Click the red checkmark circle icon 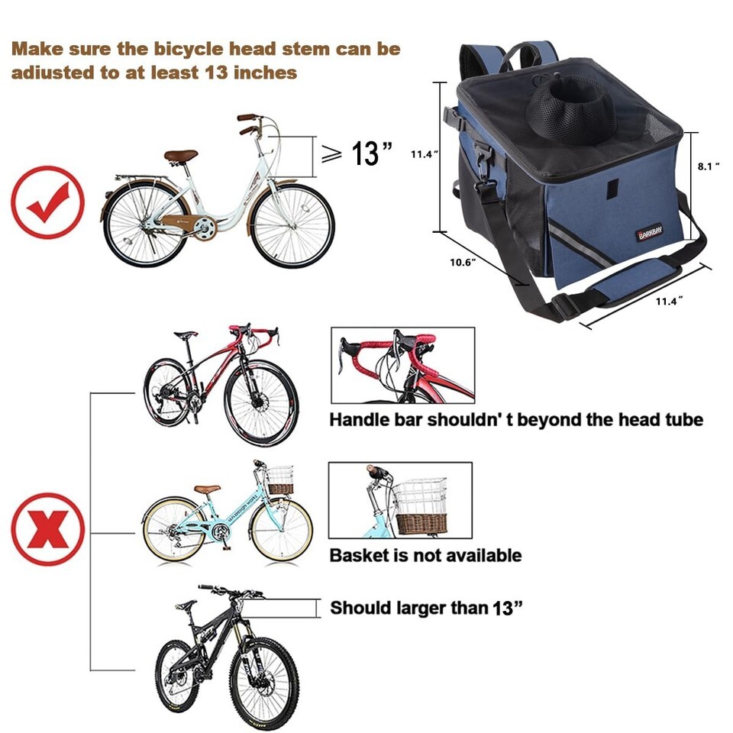pyautogui.click(x=47, y=202)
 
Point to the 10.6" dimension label pyautogui.click(x=463, y=262)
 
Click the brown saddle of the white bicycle pyautogui.click(x=180, y=156)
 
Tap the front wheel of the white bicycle pyautogui.click(x=293, y=226)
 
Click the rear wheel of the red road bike pyautogui.click(x=167, y=392)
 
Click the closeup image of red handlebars pyautogui.click(x=403, y=365)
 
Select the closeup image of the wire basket pyautogui.click(x=400, y=500)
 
